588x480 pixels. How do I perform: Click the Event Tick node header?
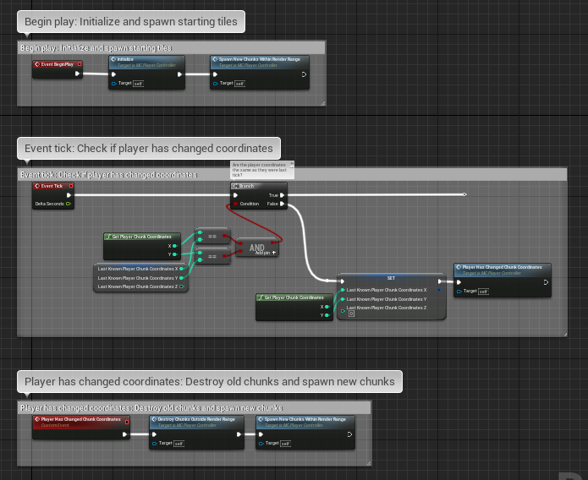53,186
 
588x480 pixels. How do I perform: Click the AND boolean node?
257,248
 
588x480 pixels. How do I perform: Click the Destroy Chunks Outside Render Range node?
190,419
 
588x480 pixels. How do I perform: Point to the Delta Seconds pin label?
49,204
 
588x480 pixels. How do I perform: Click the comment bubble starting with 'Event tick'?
148,148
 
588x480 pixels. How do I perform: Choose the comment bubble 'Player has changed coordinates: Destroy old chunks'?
209,381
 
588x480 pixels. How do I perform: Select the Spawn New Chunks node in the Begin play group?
259,61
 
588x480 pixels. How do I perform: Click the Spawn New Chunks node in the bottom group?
305,419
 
